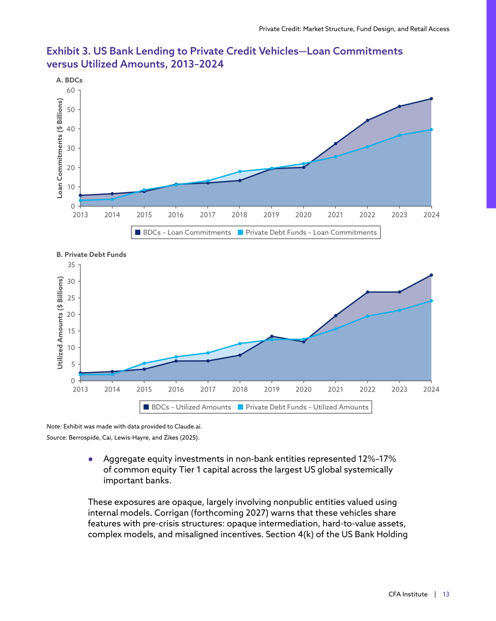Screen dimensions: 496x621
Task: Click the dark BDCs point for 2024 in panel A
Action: pyautogui.click(x=431, y=99)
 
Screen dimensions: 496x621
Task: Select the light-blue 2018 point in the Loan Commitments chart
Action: pyautogui.click(x=240, y=172)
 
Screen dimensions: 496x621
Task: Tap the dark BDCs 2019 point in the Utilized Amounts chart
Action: pyautogui.click(x=271, y=336)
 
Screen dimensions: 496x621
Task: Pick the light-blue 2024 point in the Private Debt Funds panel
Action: pyautogui.click(x=431, y=301)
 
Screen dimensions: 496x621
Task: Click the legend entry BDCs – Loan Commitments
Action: pyautogui.click(x=183, y=233)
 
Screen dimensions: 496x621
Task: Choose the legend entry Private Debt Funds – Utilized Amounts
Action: pyautogui.click(x=303, y=407)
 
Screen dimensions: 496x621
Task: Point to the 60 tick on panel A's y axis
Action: pyautogui.click(x=71, y=90)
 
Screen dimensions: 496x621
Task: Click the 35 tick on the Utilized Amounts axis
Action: pyautogui.click(x=71, y=265)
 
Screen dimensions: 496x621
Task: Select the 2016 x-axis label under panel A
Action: pyautogui.click(x=176, y=215)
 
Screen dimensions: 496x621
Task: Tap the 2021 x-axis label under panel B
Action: pyautogui.click(x=335, y=389)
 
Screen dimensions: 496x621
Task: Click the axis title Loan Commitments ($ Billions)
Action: pyautogui.click(x=60, y=148)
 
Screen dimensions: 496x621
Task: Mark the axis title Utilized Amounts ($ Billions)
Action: pyautogui.click(x=60, y=323)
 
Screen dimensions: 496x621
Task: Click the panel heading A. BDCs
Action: pyautogui.click(x=69, y=80)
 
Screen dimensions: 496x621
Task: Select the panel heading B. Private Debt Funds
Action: pyautogui.click(x=91, y=254)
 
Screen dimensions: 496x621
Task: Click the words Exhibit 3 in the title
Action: pyautogui.click(x=68, y=51)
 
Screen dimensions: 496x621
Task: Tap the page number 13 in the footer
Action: pyautogui.click(x=446, y=594)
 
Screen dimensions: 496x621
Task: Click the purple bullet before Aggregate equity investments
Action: pyautogui.click(x=91, y=459)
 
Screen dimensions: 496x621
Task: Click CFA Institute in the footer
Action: pyautogui.click(x=408, y=594)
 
